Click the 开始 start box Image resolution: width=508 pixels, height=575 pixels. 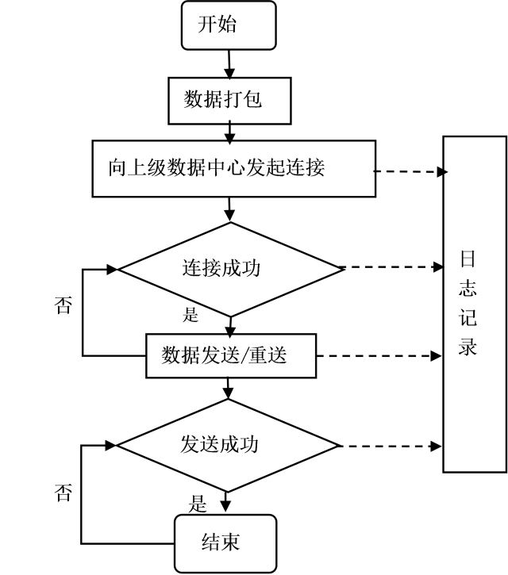click(229, 25)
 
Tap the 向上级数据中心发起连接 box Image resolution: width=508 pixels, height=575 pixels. click(233, 168)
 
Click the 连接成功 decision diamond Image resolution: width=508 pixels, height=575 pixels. click(230, 268)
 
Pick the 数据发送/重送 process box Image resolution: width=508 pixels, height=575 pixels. click(231, 355)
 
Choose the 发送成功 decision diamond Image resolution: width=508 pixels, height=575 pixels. click(229, 444)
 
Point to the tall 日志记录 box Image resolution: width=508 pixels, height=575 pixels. click(474, 304)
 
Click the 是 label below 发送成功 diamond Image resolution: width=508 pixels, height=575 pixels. click(198, 504)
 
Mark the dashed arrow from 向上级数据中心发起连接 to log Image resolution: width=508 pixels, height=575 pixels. click(409, 171)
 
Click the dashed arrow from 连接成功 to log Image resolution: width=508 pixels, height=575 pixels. click(393, 268)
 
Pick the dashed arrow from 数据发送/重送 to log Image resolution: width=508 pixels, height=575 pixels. click(377, 355)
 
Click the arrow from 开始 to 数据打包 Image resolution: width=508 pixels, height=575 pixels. click(229, 62)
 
